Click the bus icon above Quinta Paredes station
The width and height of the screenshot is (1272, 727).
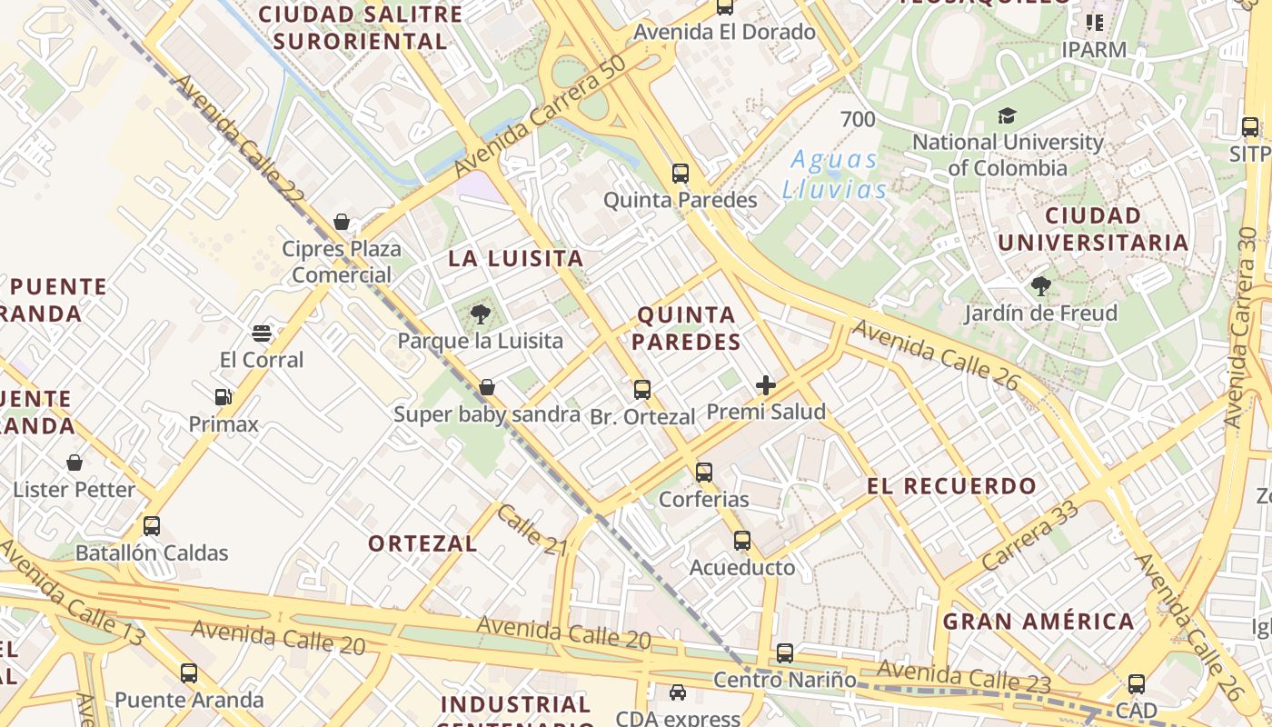(x=681, y=173)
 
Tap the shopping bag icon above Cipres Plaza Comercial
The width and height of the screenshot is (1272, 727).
(x=342, y=222)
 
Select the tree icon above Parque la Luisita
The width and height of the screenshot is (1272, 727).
(x=481, y=314)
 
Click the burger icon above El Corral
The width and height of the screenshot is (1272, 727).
(x=262, y=334)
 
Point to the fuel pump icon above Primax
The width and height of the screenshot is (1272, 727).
(x=223, y=397)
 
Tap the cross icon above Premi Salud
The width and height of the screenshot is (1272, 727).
(x=766, y=385)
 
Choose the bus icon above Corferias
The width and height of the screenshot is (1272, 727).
(x=704, y=473)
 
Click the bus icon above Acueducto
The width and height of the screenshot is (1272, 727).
(x=742, y=541)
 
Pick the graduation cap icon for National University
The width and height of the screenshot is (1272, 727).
(x=1007, y=115)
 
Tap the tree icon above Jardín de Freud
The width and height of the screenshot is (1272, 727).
(x=1040, y=287)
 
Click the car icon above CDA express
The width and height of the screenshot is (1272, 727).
(x=678, y=692)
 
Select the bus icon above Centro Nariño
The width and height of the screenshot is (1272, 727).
(x=785, y=652)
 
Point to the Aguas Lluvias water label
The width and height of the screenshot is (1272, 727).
(x=834, y=174)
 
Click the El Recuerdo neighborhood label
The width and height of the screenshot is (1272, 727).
(x=951, y=485)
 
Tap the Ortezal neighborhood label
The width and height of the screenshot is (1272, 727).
(x=422, y=543)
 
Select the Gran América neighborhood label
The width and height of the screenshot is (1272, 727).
(x=1038, y=622)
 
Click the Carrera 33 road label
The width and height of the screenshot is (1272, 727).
(x=1031, y=535)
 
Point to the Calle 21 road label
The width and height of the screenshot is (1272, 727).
(x=532, y=529)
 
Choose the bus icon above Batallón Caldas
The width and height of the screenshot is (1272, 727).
(x=152, y=526)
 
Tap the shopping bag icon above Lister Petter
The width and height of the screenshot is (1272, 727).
(x=75, y=463)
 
